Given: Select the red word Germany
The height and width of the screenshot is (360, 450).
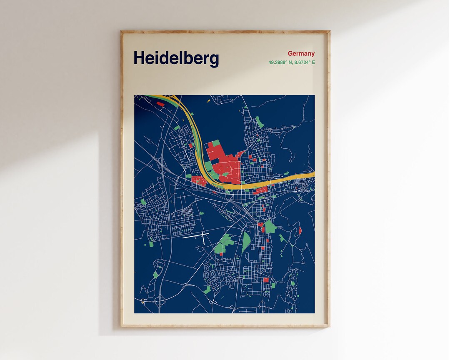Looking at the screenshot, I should (x=301, y=53).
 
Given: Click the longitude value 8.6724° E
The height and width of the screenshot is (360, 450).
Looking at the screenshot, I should (x=305, y=62).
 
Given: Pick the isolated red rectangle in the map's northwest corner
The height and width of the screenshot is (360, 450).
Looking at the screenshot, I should (x=160, y=104).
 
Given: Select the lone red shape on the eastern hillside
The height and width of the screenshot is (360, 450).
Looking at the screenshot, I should (x=300, y=230).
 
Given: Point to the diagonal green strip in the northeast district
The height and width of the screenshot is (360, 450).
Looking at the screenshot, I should (x=260, y=122).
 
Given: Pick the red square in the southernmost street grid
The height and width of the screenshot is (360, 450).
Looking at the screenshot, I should (x=266, y=280).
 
